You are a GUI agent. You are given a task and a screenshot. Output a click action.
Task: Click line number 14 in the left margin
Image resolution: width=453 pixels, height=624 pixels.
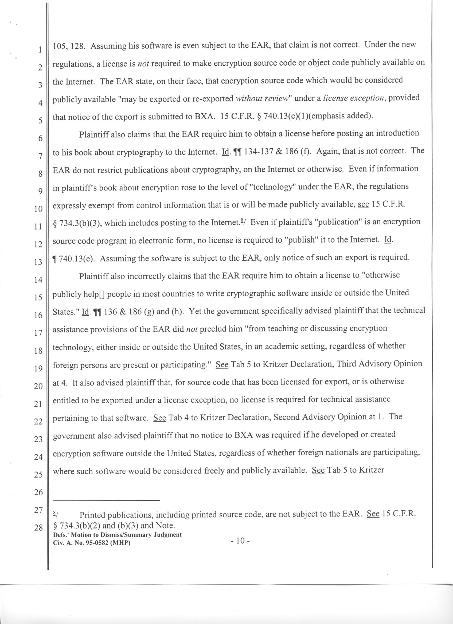[x=38, y=280]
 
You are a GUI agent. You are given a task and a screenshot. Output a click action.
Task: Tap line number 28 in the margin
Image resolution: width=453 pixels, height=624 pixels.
[x=38, y=527]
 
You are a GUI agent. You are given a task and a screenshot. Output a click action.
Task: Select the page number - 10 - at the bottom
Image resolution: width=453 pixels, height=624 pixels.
[x=240, y=541]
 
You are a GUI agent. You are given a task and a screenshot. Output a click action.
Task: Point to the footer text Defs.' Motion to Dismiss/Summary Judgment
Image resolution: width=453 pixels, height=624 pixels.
[x=117, y=535]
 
